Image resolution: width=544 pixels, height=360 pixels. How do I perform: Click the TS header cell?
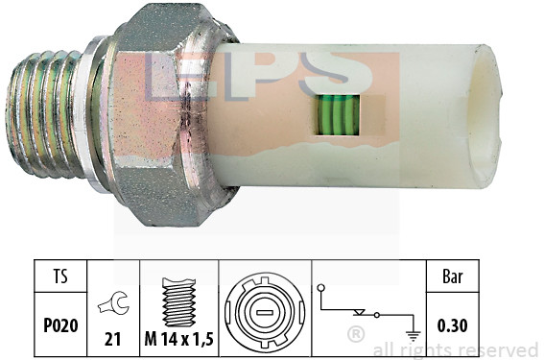click(60, 276)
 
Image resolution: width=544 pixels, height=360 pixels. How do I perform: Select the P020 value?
click(60, 325)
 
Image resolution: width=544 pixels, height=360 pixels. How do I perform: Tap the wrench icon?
click(113, 303)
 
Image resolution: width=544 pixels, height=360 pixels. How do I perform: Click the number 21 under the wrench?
click(112, 339)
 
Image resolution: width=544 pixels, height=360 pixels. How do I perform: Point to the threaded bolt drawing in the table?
click(179, 301)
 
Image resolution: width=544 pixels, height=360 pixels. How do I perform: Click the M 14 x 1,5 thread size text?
click(178, 339)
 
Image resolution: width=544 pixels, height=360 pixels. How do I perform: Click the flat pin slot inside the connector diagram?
click(265, 313)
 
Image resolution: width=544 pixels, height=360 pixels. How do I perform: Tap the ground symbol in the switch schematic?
click(413, 335)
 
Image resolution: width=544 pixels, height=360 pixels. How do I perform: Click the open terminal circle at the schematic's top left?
click(320, 288)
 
